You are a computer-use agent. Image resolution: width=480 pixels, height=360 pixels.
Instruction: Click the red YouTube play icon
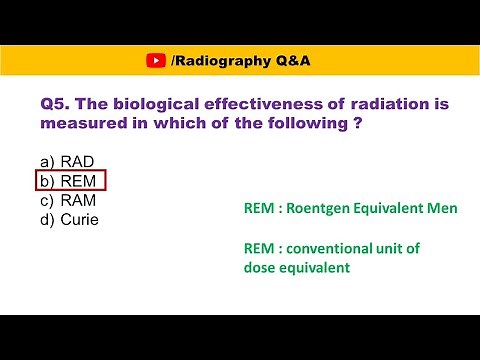point(156,61)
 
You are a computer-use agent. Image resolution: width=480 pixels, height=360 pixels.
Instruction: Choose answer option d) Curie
point(70,219)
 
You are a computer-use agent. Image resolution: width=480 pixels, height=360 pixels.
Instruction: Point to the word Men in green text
point(443,209)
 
